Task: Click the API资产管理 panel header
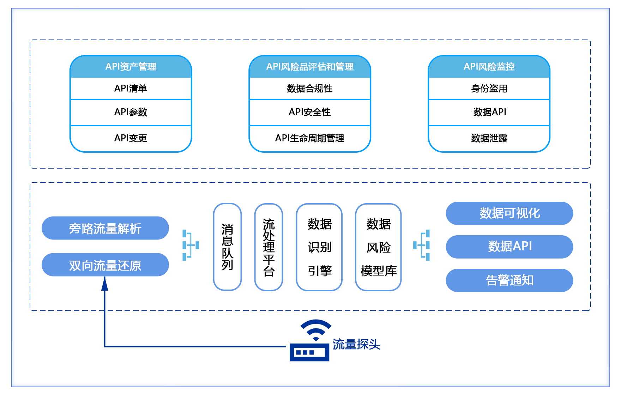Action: click(x=131, y=67)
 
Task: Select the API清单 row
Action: click(x=131, y=89)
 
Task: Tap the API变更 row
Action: click(x=131, y=138)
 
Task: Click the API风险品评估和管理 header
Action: click(x=309, y=67)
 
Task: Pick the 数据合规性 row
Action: click(x=309, y=89)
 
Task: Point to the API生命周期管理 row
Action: click(x=309, y=138)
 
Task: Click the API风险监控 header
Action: click(x=489, y=67)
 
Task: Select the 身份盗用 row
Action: click(x=489, y=89)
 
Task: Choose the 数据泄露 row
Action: click(x=489, y=138)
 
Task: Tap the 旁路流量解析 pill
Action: click(x=105, y=228)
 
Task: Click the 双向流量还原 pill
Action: click(x=105, y=265)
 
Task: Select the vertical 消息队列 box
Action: click(x=227, y=247)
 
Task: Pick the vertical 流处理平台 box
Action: click(x=269, y=247)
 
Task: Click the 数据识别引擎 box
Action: click(x=319, y=247)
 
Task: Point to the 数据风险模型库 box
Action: click(x=378, y=247)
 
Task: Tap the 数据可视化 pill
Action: click(x=509, y=213)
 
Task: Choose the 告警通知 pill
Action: click(x=509, y=280)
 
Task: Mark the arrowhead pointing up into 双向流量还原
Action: click(x=104, y=284)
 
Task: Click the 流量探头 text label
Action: click(x=356, y=344)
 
